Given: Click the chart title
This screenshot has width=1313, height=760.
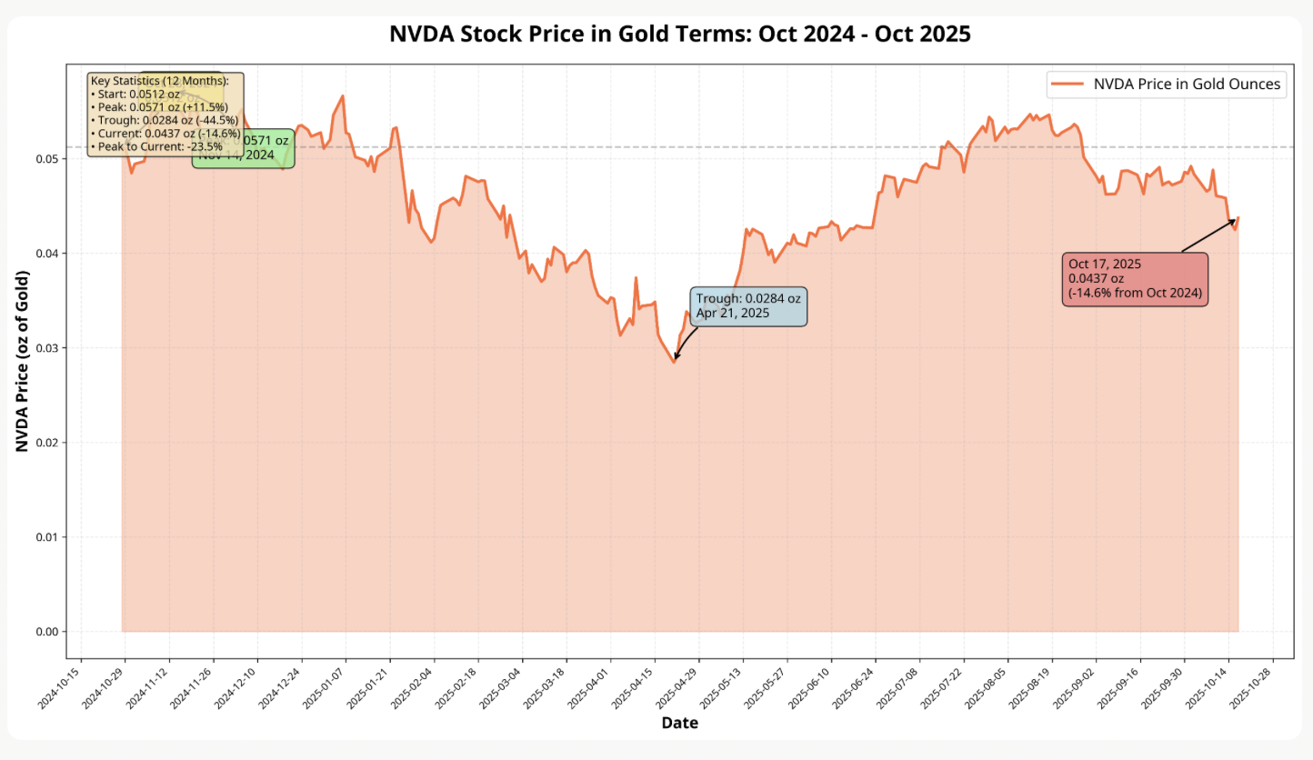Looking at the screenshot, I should (680, 35).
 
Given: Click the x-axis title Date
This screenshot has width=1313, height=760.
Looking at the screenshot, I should (680, 723).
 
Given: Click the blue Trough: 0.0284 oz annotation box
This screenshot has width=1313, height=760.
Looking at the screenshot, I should (748, 305).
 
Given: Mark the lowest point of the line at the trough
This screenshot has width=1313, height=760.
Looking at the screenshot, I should (675, 362).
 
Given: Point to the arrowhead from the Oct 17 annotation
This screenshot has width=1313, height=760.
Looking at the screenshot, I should (1234, 220).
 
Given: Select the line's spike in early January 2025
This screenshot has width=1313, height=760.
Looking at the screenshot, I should (342, 96).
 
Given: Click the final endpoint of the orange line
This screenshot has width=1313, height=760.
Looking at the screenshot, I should (1238, 217).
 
